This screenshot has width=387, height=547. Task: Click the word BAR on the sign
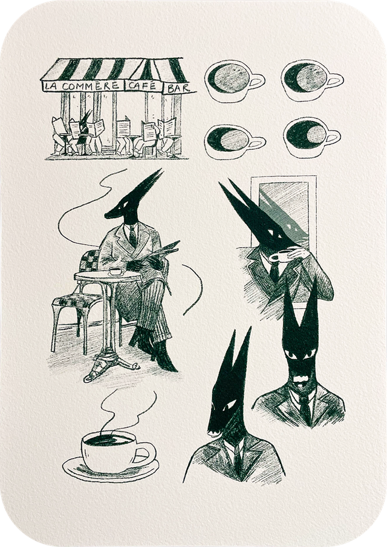pyautogui.click(x=178, y=89)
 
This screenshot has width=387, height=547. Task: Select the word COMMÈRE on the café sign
pyautogui.click(x=91, y=86)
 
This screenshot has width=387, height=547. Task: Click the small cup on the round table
pyautogui.click(x=117, y=271)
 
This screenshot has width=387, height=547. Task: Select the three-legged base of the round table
pyautogui.click(x=111, y=366)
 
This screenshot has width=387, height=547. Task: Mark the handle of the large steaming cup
pyautogui.click(x=146, y=453)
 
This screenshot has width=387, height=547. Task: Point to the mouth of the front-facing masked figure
pyautogui.click(x=300, y=378)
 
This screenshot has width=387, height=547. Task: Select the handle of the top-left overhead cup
pyautogui.click(x=257, y=81)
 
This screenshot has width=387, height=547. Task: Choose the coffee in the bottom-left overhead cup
pyautogui.click(x=228, y=139)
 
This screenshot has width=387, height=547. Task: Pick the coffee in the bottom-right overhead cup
pyautogui.click(x=307, y=135)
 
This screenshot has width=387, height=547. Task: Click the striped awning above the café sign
pyautogui.click(x=114, y=69)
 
